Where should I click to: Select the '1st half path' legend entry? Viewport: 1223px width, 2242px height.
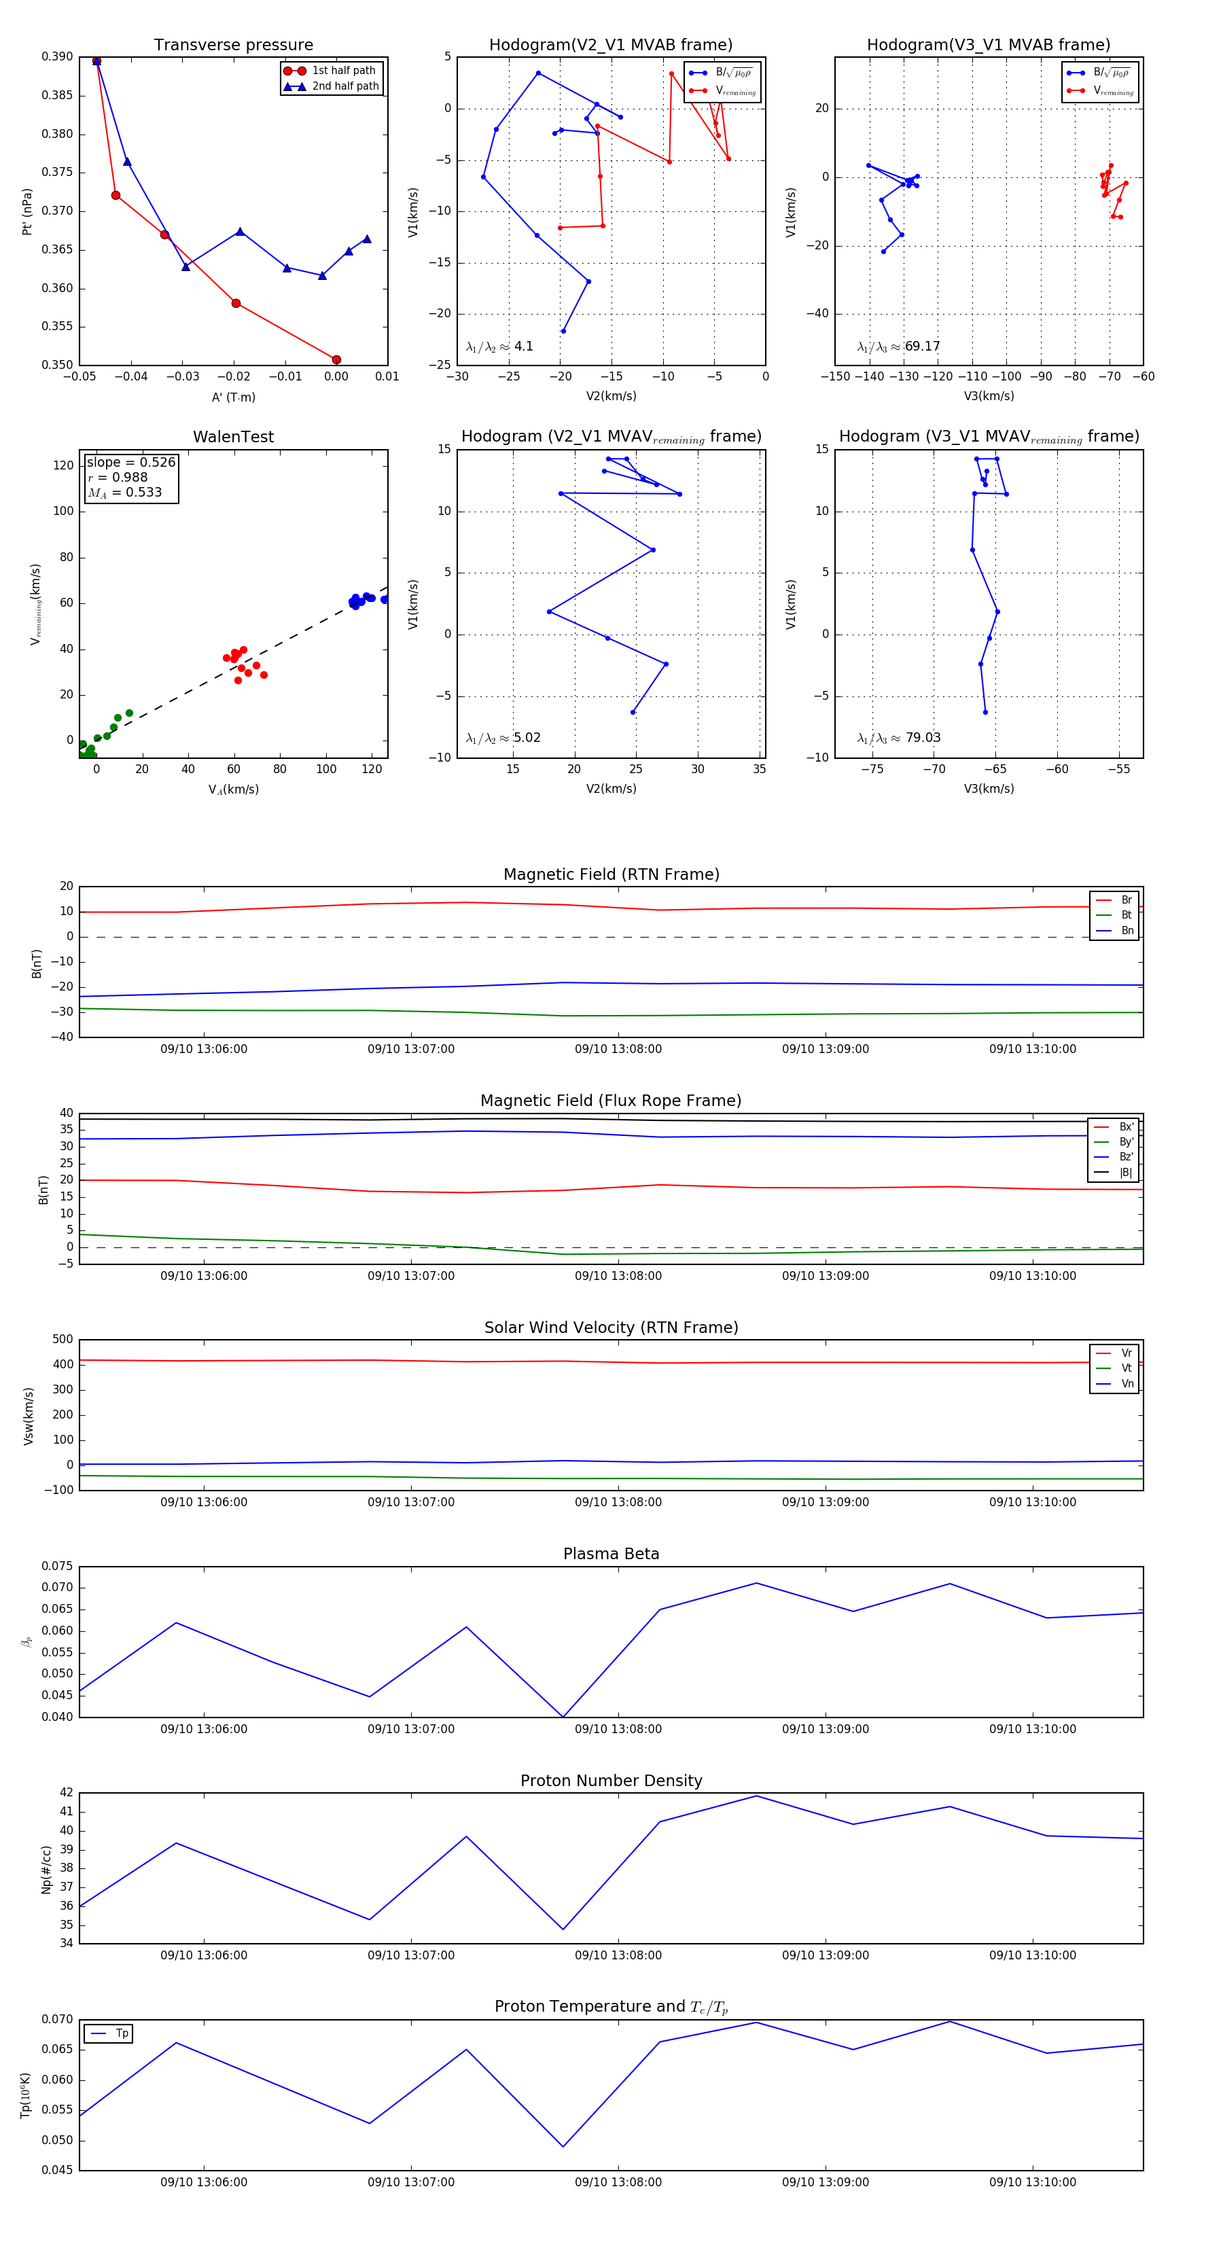[343, 71]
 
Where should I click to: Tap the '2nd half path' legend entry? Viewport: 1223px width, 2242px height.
[344, 86]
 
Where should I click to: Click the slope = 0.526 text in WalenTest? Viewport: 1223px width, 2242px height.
[130, 462]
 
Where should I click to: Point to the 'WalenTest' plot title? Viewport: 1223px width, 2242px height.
[233, 437]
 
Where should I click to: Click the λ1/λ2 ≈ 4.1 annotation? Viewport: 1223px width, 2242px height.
[499, 346]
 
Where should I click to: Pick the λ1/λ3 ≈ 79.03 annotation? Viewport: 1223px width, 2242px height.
[898, 738]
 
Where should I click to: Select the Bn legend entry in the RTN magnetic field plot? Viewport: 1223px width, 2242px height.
[1127, 930]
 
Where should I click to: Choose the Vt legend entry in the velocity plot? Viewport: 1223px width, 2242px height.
[1127, 1368]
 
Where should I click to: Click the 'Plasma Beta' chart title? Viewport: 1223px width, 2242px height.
[611, 1554]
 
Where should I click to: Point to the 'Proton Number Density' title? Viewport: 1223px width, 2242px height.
[611, 1781]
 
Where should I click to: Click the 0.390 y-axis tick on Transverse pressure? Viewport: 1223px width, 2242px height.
[58, 56]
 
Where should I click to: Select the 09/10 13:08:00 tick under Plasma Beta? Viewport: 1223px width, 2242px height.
[618, 1728]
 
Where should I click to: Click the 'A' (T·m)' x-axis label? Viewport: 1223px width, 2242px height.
[233, 397]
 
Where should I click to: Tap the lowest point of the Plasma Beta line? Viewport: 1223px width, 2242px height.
[563, 1716]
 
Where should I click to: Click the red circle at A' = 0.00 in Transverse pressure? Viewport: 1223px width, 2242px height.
[337, 359]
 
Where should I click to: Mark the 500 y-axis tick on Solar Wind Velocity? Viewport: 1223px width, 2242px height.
[63, 1340]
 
